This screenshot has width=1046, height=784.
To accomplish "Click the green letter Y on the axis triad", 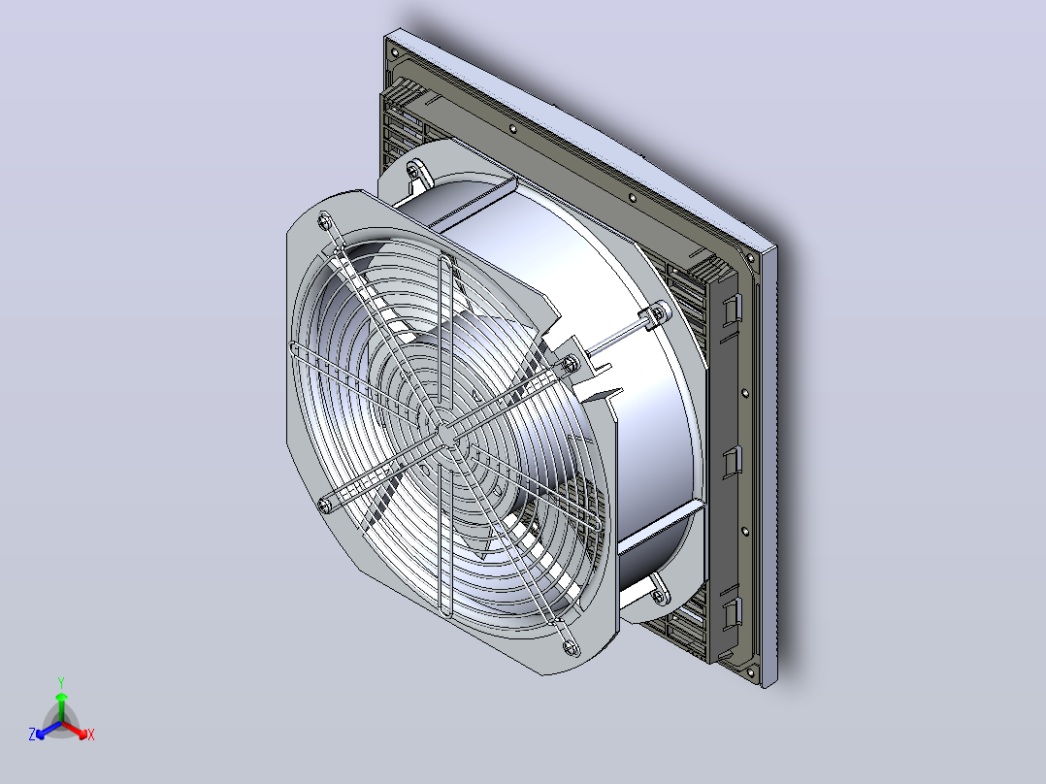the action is click(x=61, y=683).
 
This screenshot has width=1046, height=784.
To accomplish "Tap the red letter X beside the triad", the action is click(x=91, y=735).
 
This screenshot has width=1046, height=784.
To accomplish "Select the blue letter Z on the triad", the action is click(x=32, y=735).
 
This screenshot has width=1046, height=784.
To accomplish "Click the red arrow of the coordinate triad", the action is click(x=75, y=730).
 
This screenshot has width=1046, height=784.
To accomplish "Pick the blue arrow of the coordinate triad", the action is click(x=49, y=730).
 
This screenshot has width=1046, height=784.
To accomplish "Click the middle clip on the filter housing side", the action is click(x=732, y=461).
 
